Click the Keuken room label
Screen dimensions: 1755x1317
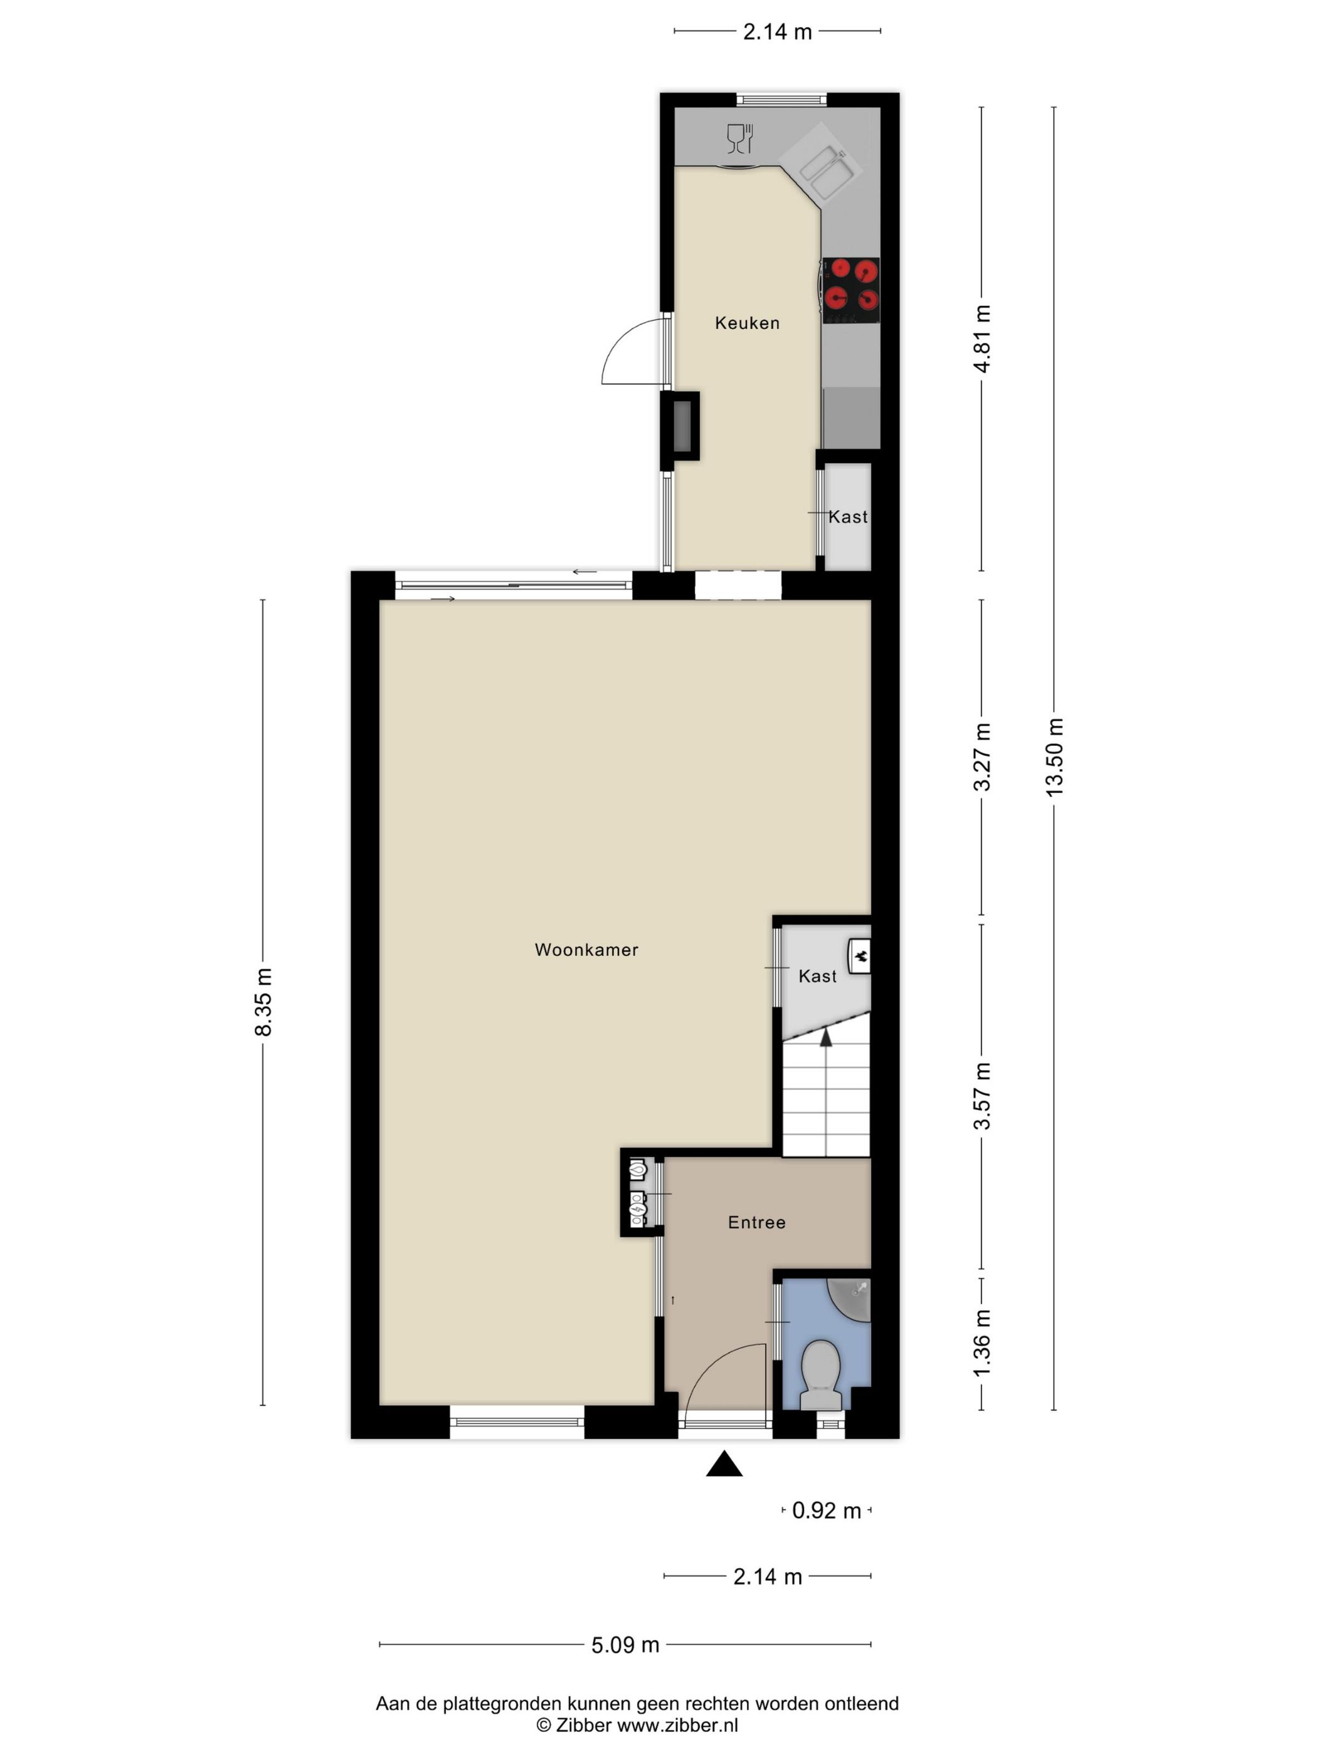(746, 323)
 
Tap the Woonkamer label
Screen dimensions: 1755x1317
(586, 950)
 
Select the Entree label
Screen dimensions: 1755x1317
(756, 1223)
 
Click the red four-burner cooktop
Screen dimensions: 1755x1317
(850, 290)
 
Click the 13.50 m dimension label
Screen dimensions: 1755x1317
(1054, 757)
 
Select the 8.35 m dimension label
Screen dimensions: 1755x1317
(263, 1002)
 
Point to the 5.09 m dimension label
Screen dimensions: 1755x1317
(625, 1645)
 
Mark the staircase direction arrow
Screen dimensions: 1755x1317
(825, 1037)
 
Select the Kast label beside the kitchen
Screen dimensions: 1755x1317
(847, 517)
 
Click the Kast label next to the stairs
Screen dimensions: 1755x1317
(817, 976)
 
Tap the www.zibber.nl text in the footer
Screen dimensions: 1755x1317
(677, 1725)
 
